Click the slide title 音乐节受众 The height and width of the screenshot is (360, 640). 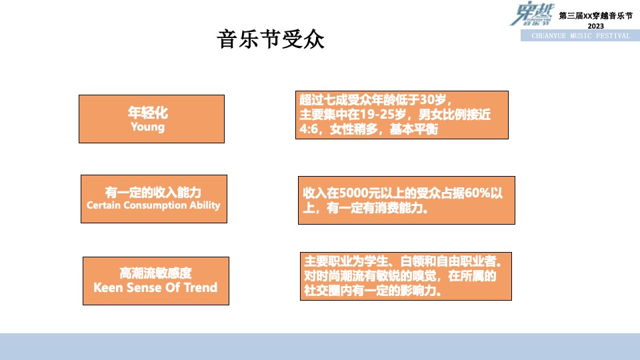pos(271,40)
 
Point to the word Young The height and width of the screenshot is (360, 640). pos(147,127)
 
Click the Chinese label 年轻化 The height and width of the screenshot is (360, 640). pos(148,113)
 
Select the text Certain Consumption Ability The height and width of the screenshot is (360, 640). pos(153,205)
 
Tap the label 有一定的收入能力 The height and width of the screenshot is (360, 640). pos(153,192)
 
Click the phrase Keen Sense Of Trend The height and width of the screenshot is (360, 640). pos(155,288)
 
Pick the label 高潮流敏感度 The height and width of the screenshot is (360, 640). pos(155,273)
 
